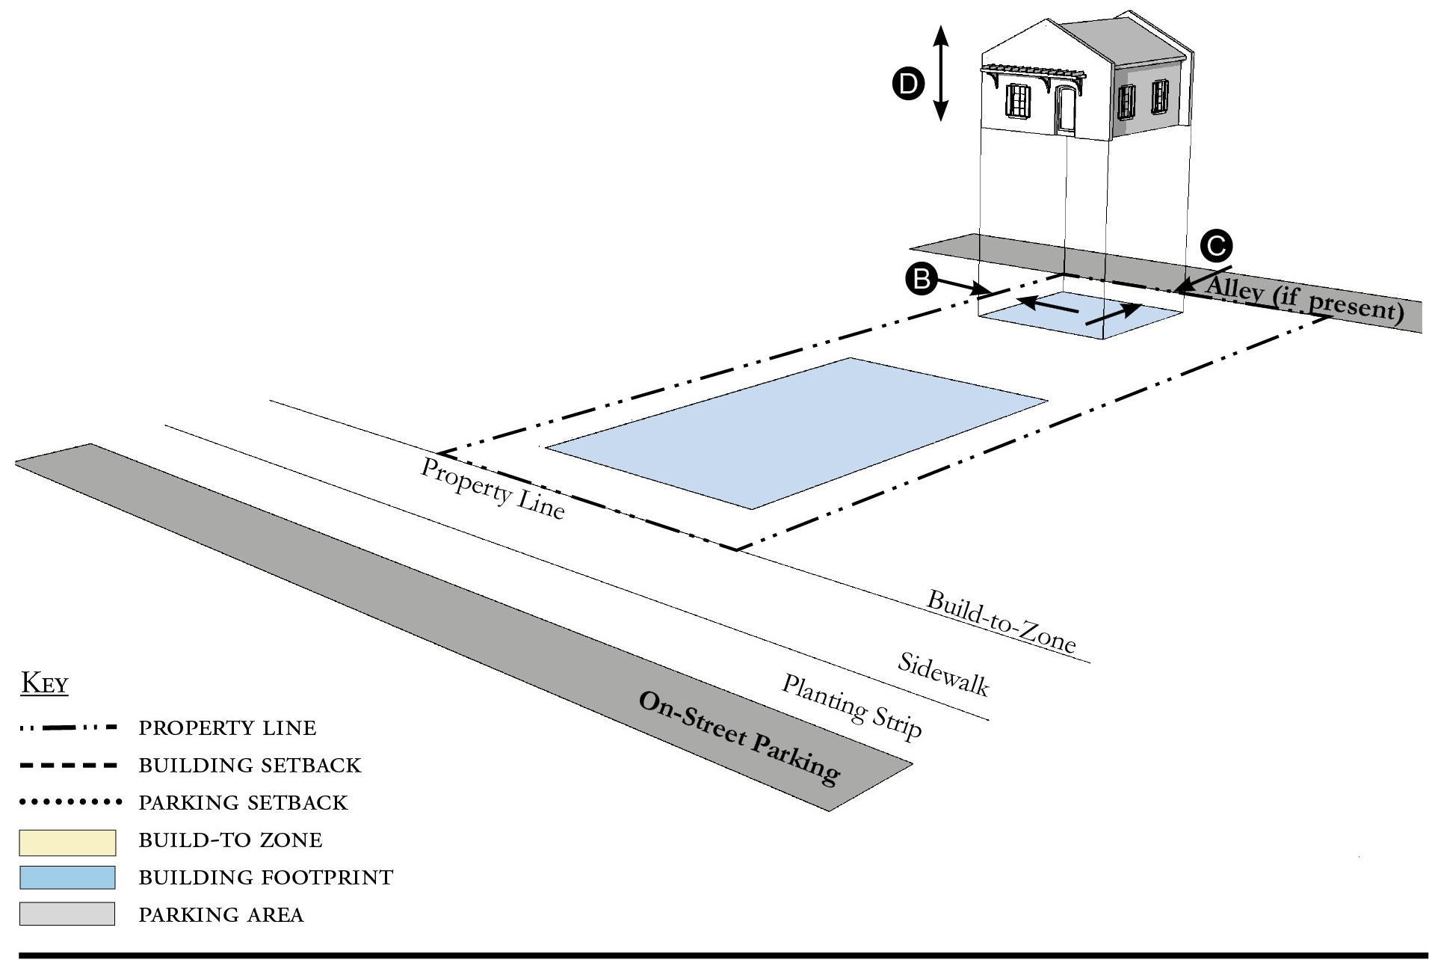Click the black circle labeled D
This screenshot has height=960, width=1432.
909,84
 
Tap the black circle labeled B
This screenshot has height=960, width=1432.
921,279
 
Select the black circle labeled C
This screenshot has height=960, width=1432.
1216,246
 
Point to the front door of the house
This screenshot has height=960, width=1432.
1064,110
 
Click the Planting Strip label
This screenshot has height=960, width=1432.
852,707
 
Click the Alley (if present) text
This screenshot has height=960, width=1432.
1304,298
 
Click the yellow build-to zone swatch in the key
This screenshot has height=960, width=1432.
67,842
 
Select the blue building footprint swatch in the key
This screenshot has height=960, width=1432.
67,878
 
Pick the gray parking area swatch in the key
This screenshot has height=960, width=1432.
67,914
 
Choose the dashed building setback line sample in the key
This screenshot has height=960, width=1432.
69,766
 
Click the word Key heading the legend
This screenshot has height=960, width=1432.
45,683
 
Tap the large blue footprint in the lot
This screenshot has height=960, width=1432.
797,434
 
